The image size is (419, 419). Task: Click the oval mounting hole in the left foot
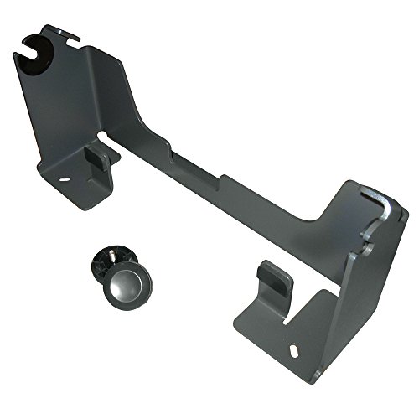tap(63, 178)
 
